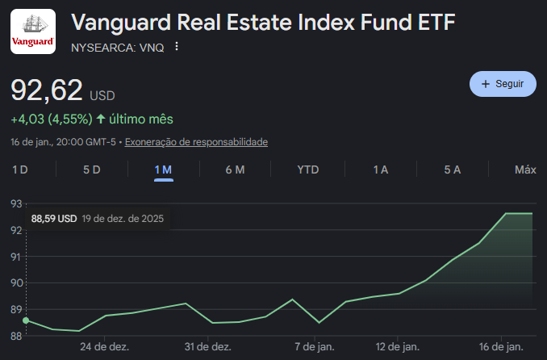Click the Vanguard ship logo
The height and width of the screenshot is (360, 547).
click(33, 31)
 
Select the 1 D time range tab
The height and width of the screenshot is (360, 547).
click(20, 170)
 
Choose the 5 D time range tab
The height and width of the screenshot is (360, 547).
click(92, 170)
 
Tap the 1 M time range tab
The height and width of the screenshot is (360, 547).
click(164, 170)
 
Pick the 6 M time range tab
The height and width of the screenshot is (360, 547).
click(235, 170)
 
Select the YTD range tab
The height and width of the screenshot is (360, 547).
click(308, 170)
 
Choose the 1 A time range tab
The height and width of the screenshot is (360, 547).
click(381, 170)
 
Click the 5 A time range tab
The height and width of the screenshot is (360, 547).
click(452, 170)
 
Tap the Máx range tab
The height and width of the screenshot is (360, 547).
click(525, 170)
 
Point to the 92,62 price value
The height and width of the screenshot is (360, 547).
click(45, 90)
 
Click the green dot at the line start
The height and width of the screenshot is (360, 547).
click(26, 320)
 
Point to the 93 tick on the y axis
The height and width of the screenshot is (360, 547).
click(15, 203)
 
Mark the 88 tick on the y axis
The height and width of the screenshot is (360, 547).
click(15, 335)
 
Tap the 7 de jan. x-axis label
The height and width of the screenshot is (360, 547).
click(315, 346)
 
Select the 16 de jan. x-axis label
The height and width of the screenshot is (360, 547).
click(502, 346)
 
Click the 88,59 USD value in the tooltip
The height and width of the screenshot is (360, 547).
click(54, 219)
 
